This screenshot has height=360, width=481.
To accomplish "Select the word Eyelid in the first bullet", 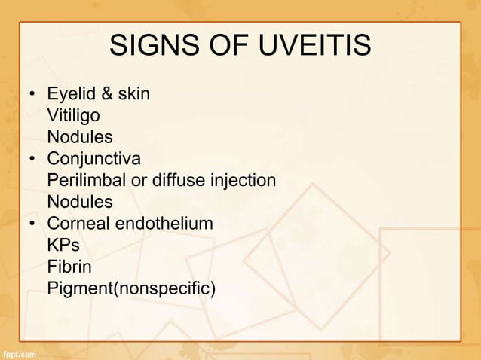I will coord(71,95).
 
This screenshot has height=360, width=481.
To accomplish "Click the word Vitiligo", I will coord(72,116).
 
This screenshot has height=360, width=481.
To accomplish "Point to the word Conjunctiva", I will coord(93,160).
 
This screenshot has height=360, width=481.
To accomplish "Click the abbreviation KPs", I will coord(63,246).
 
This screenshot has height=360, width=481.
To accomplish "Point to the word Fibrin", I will coord(69,267).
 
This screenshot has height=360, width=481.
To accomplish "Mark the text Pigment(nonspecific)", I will coord(130,289).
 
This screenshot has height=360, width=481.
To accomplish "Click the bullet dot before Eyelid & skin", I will coord(32,96).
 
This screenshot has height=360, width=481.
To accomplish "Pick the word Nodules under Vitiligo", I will coord(80,138).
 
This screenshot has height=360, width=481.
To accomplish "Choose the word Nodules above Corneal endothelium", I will coord(80,203).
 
